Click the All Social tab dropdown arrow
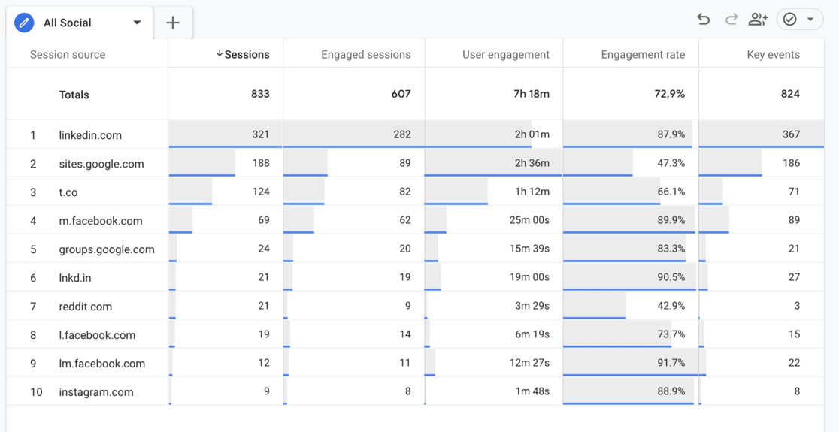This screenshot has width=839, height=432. pos(137,23)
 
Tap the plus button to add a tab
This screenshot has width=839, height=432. pos(173,23)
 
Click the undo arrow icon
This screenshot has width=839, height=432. pos(703,20)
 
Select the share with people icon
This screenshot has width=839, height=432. pos(758,20)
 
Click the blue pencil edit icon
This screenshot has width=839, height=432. pos(24,23)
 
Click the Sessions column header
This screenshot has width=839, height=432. pos(243,54)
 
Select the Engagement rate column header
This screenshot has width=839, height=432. pos(643,54)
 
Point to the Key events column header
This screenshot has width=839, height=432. pos(773,54)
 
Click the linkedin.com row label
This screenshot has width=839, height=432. pos(90,135)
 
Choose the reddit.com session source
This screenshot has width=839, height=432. pos(86,307)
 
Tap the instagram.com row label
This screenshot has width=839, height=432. pos(96,392)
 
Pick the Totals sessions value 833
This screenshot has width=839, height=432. pos(260,94)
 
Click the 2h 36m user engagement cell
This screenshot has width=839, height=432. pos(532,163)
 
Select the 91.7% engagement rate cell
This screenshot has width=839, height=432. pos(671,363)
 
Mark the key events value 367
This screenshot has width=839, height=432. pos(791,134)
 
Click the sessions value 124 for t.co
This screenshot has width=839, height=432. pos(260,192)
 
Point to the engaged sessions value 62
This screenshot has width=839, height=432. pos(404,220)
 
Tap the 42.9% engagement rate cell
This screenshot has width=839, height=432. pos(671,306)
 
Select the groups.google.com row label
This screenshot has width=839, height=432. pos(107,249)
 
